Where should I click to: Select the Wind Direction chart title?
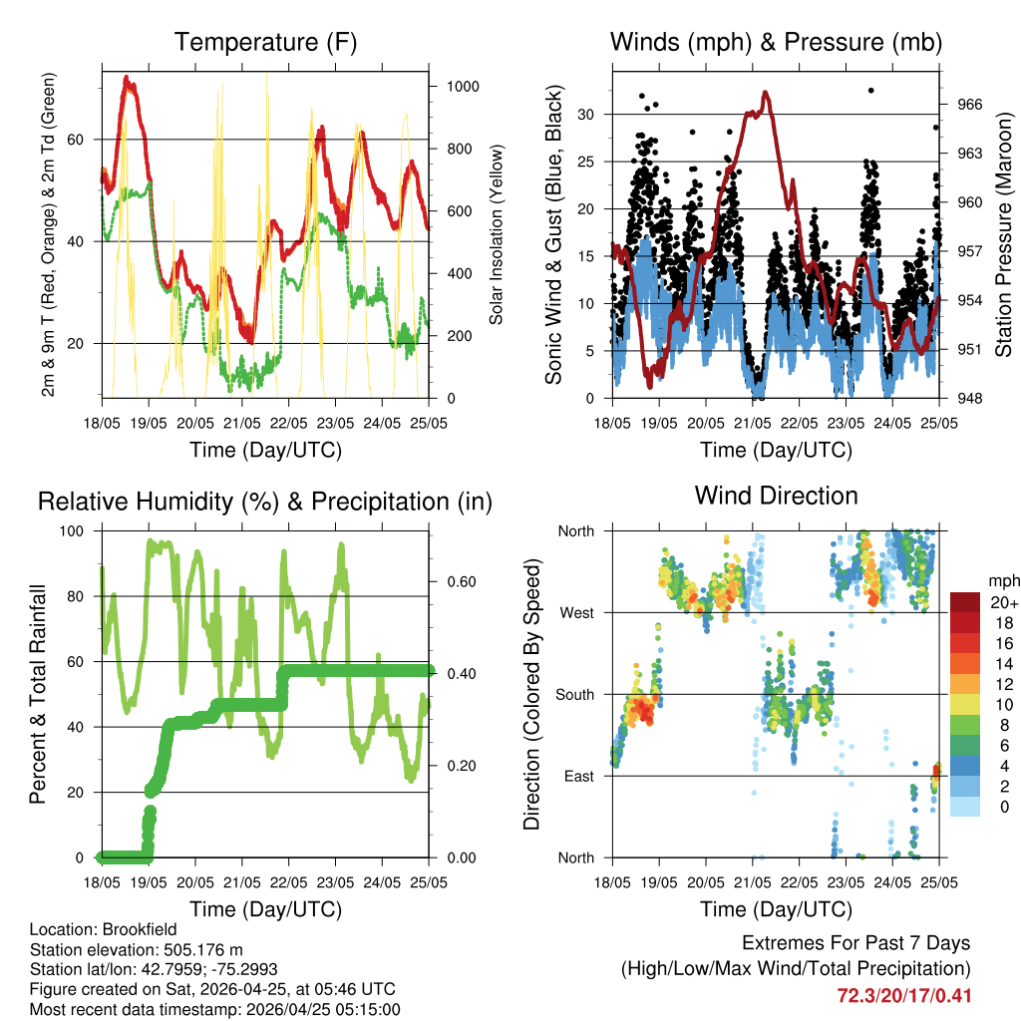pyautogui.click(x=776, y=495)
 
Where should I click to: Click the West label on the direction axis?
pyautogui.click(x=576, y=613)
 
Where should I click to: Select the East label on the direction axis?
pyautogui.click(x=579, y=776)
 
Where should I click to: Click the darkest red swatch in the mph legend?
pyautogui.click(x=964, y=603)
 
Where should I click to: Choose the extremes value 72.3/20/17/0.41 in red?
pyautogui.click(x=904, y=995)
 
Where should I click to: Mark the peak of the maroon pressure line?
pyautogui.click(x=766, y=93)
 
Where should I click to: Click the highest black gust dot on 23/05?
pyautogui.click(x=870, y=90)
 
